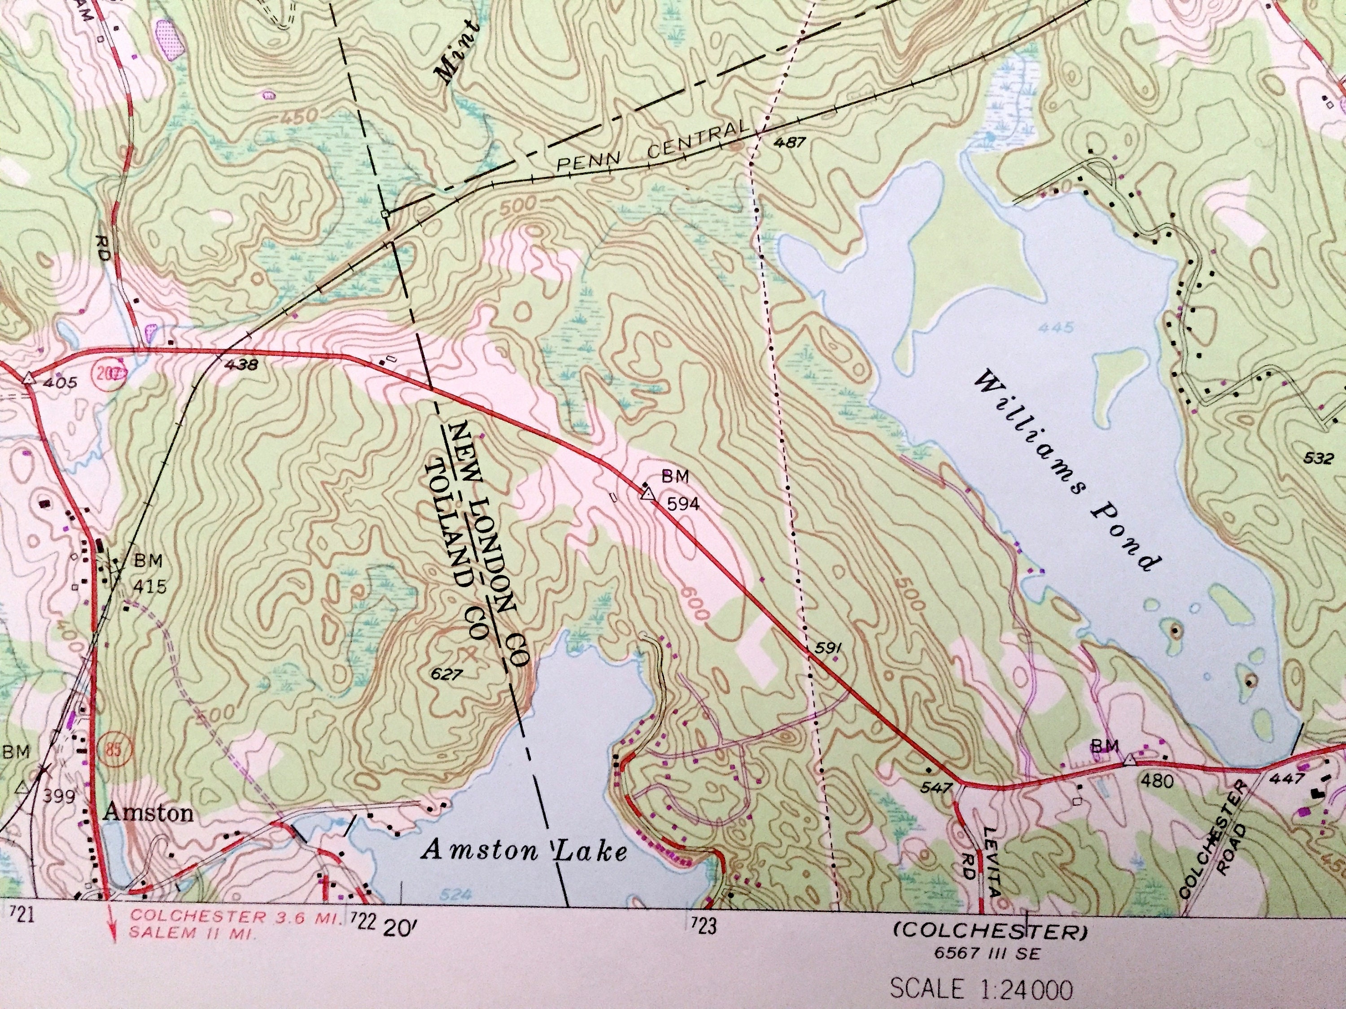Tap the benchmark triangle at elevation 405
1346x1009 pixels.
(27, 379)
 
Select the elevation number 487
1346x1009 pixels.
(790, 144)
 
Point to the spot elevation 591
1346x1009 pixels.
(827, 649)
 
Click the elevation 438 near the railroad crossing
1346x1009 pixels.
(241, 365)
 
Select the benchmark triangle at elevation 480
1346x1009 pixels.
(1129, 760)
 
